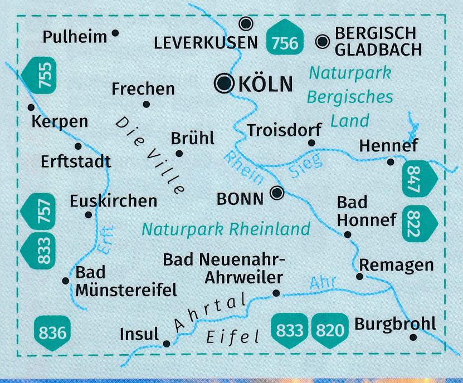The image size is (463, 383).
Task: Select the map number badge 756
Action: point(285,41)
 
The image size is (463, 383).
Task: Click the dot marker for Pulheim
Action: point(115,33)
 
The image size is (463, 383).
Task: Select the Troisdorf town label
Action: point(284,130)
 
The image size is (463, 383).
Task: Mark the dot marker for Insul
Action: point(167,343)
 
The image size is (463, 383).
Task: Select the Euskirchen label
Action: point(113,200)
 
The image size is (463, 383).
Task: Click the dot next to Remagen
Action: point(360,276)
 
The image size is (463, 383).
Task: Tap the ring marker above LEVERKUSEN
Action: point(246,23)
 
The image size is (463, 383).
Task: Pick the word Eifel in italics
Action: point(233,336)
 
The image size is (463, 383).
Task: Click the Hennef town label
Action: point(388,146)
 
